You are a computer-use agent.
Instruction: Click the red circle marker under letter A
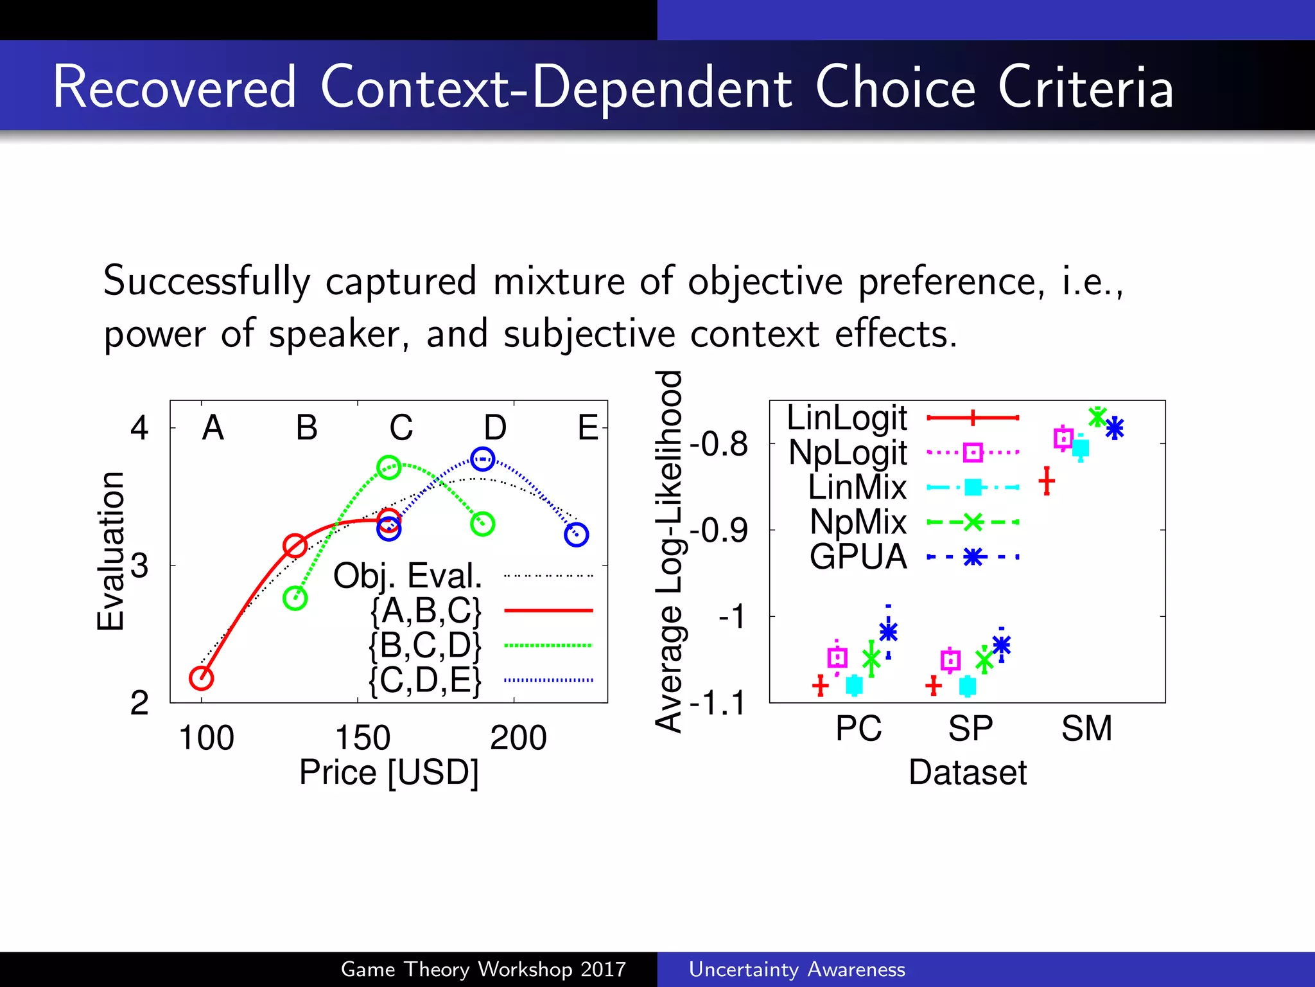click(201, 678)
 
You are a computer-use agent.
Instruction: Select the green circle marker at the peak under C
click(388, 467)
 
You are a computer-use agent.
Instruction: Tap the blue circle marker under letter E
click(576, 534)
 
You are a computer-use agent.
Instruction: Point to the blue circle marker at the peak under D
click(482, 459)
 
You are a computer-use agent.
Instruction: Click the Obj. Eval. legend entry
click(408, 576)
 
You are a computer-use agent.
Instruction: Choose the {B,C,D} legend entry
click(425, 645)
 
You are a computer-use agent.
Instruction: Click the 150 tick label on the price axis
click(363, 738)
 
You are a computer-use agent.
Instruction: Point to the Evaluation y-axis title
click(110, 551)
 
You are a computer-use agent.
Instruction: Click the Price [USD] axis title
click(389, 772)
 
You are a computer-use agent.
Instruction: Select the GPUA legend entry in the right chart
click(858, 556)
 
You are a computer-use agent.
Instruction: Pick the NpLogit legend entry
click(848, 452)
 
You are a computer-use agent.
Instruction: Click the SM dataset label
click(1086, 729)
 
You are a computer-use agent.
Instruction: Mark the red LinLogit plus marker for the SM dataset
click(1047, 481)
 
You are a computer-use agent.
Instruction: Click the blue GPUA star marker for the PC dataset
click(888, 632)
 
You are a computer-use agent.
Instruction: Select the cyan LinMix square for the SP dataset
click(968, 686)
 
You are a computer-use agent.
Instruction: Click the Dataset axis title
click(968, 772)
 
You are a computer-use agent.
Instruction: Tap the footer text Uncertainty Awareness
click(797, 969)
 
